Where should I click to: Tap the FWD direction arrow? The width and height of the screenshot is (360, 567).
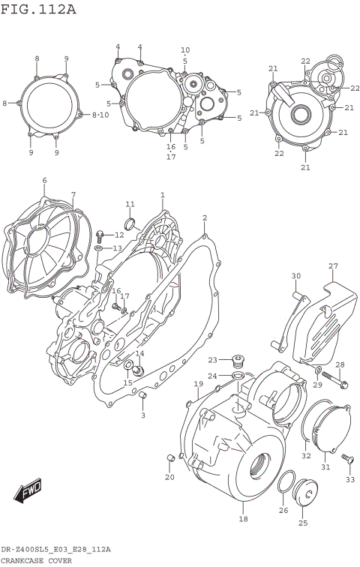(x=28, y=492)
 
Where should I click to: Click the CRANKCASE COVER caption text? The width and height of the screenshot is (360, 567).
(x=36, y=560)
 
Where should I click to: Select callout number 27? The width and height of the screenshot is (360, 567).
(x=333, y=266)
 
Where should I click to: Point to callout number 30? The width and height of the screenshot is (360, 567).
(x=295, y=276)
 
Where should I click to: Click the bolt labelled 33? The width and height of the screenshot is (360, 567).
(x=346, y=457)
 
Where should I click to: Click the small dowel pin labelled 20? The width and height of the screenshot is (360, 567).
(x=170, y=457)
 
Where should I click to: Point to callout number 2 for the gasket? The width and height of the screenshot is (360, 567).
(x=204, y=218)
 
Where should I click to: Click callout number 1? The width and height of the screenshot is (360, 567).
(x=162, y=195)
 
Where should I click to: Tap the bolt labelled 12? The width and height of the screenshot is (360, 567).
(x=100, y=234)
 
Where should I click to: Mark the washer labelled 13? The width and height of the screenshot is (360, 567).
(x=100, y=247)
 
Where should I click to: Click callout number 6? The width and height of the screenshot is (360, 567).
(x=44, y=181)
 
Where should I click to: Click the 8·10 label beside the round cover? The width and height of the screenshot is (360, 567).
(x=100, y=115)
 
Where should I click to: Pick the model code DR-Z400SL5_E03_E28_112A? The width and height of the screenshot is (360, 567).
(x=55, y=550)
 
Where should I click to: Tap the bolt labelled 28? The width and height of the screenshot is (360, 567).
(x=343, y=385)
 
